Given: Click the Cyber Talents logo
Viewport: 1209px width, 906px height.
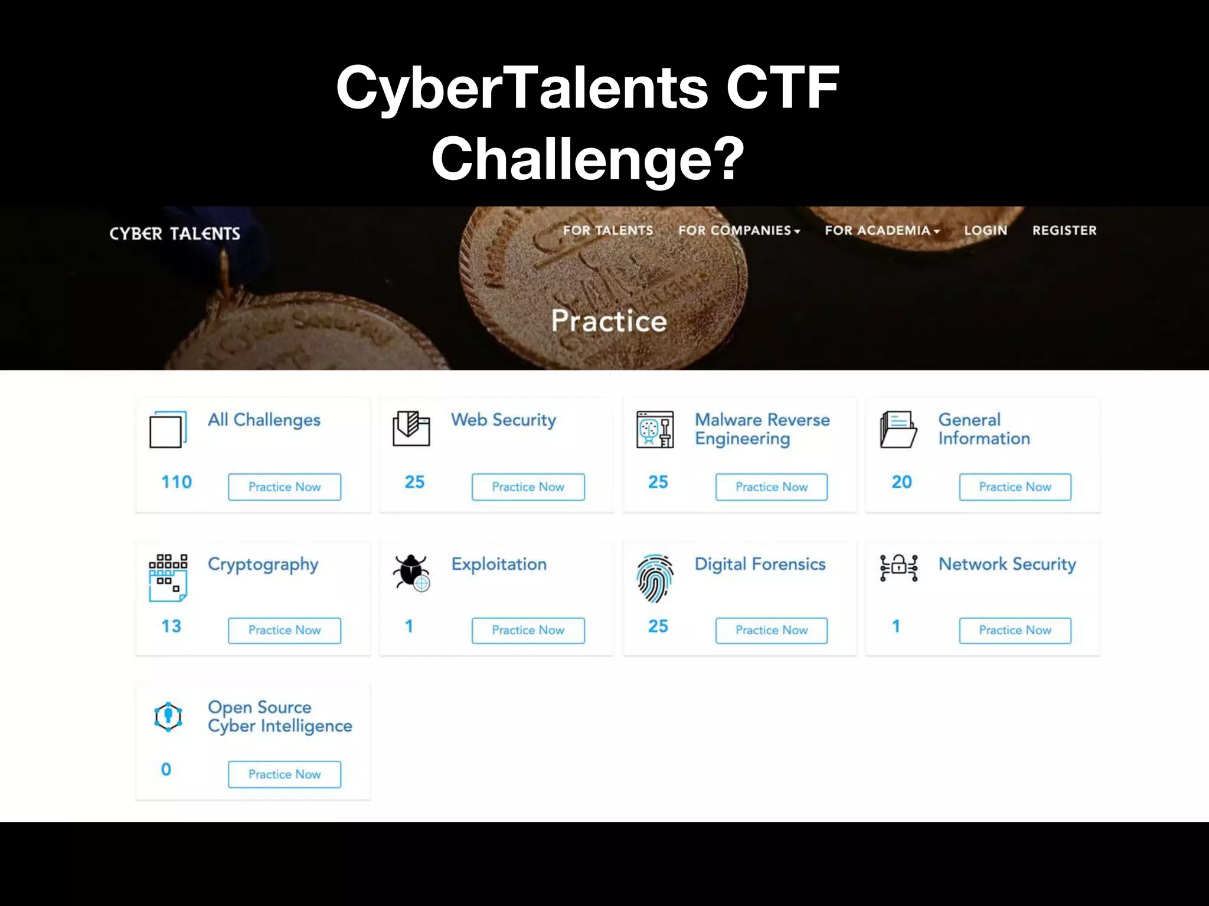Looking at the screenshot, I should tap(175, 234).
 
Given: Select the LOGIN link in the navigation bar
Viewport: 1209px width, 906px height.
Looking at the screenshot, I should tap(985, 230).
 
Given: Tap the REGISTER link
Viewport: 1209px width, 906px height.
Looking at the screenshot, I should tap(1064, 230).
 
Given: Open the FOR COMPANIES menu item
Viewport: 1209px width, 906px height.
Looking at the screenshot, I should tap(739, 230).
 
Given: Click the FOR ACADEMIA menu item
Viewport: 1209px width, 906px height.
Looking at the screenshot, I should tap(881, 230).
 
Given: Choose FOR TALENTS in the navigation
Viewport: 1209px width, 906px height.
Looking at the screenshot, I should tap(608, 230).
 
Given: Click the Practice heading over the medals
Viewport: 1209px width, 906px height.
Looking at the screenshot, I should tap(609, 321).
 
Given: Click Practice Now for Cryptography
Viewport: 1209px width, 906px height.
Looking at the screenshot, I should tap(285, 630).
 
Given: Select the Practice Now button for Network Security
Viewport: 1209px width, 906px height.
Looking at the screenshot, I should tap(1015, 630).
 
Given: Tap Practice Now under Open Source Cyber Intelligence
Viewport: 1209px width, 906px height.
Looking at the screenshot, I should tap(285, 774).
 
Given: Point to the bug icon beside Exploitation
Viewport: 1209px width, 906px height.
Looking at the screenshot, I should tap(411, 572).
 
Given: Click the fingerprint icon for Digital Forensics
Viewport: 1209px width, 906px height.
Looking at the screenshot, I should tap(655, 578).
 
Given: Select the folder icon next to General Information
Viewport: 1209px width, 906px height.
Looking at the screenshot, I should tap(898, 429).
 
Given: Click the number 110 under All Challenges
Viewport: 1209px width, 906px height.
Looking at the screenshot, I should tap(177, 482).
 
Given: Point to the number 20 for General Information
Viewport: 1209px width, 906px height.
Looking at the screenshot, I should tap(901, 482).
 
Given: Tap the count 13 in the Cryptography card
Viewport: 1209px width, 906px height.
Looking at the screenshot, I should tap(171, 626).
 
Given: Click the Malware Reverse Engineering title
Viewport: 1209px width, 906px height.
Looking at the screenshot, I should tap(762, 429).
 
